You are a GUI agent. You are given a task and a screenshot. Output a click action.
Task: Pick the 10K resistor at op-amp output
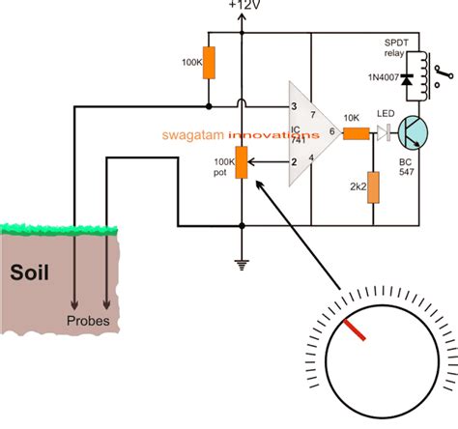tap(355, 135)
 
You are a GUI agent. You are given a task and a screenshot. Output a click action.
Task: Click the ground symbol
tap(242, 261)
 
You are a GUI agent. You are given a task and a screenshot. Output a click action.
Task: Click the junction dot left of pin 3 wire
tap(210, 107)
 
